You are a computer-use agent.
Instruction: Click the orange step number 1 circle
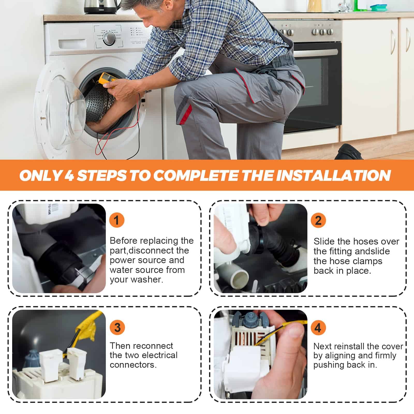pos(117,220)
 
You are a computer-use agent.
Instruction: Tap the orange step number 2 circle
pos(318,220)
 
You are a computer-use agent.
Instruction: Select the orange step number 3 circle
pos(117,327)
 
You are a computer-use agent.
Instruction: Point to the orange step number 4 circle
pos(318,328)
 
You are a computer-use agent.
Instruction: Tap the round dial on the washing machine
pos(109,38)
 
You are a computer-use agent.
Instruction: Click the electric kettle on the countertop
pos(100,6)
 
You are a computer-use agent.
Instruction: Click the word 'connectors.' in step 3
pos(133,365)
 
